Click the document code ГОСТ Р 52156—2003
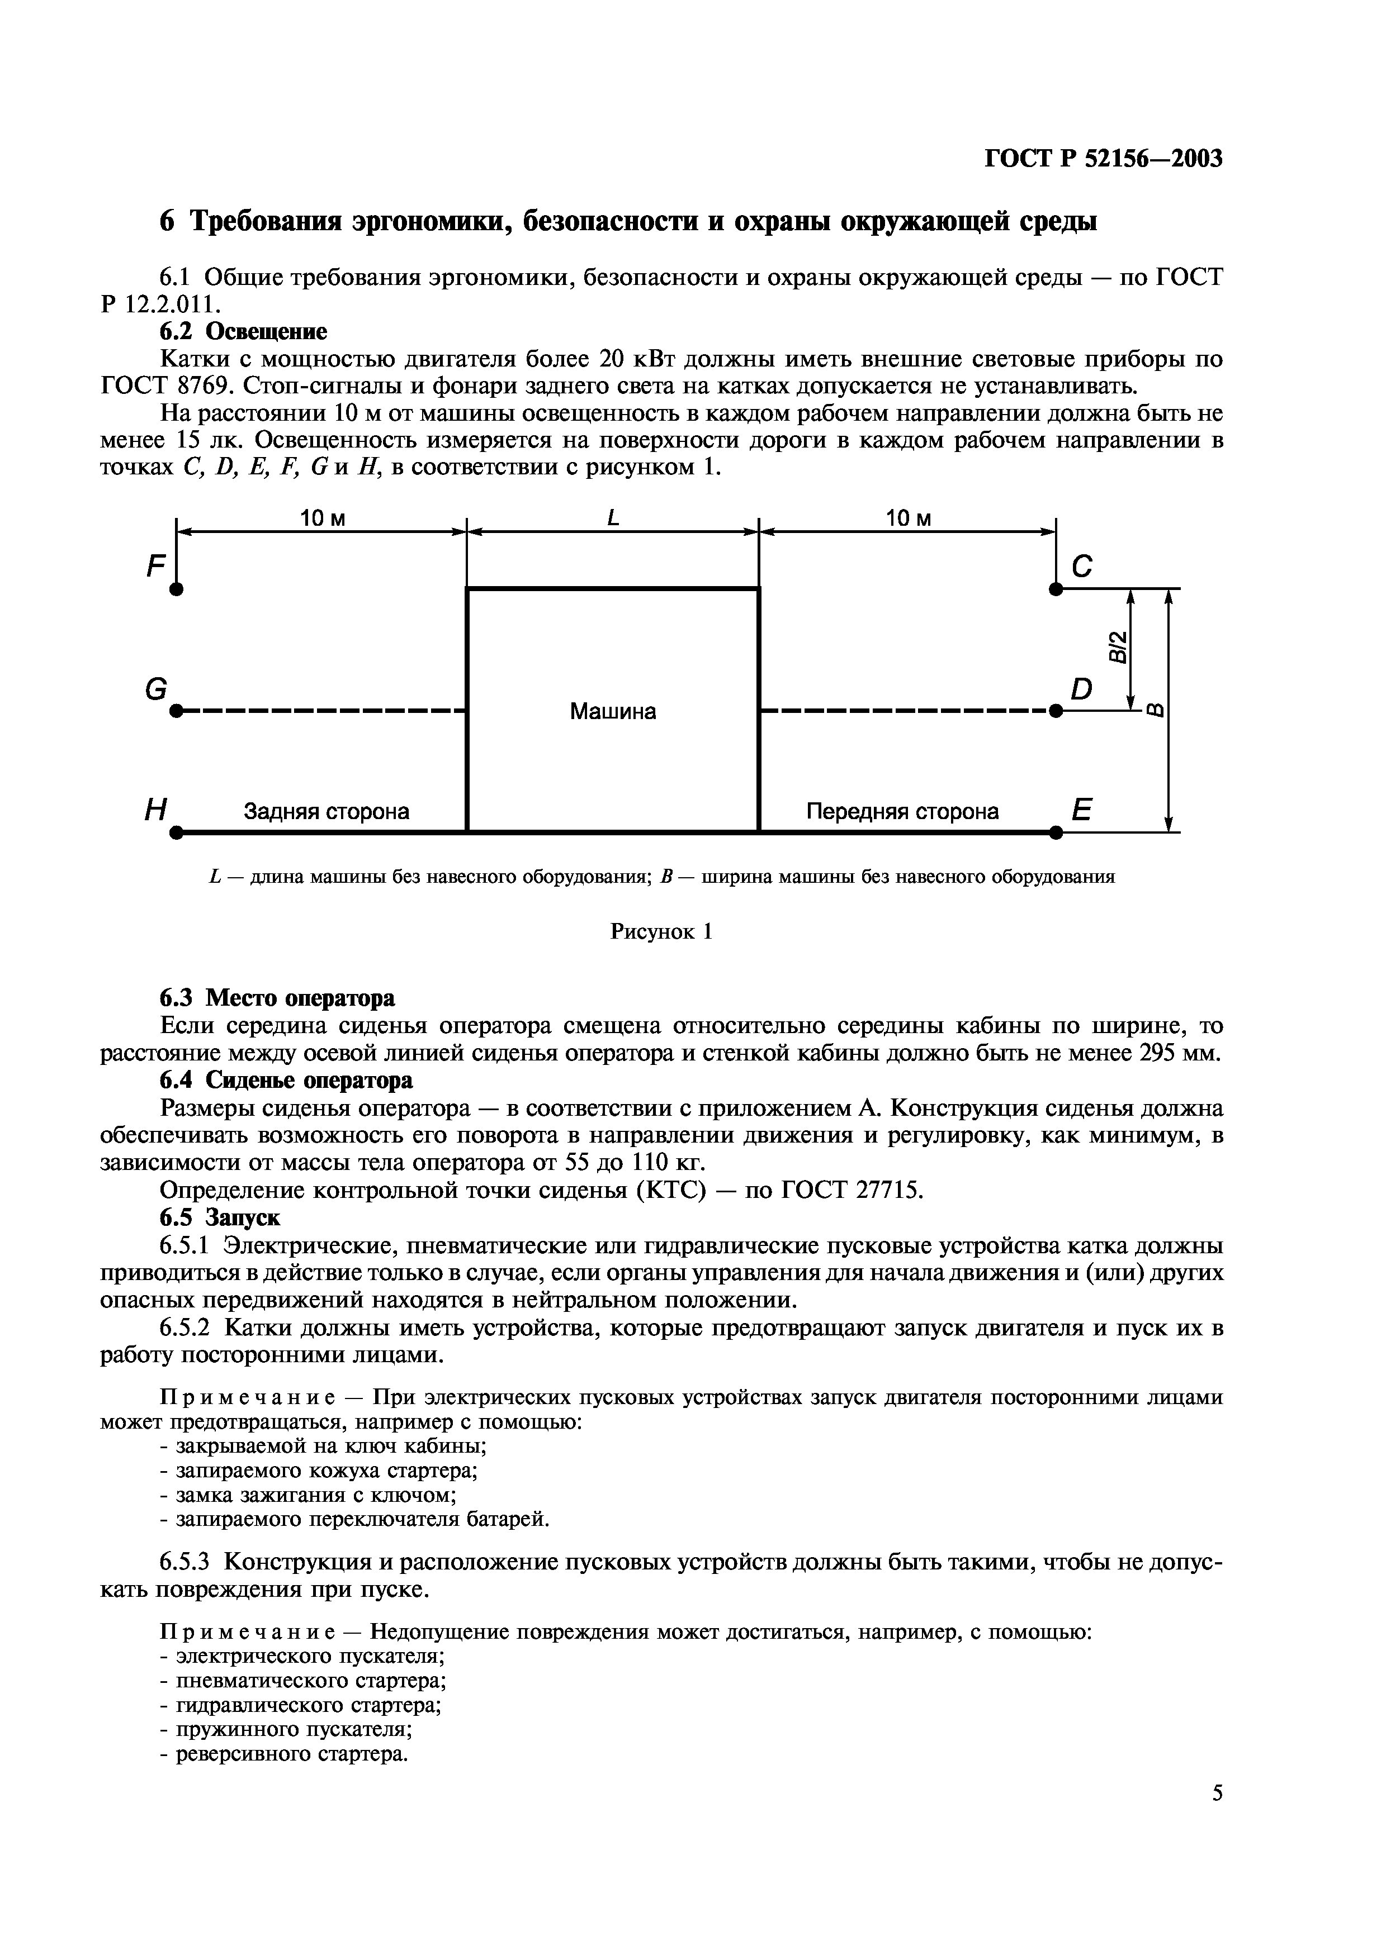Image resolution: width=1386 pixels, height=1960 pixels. (x=1103, y=159)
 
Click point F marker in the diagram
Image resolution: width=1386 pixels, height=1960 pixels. (x=176, y=589)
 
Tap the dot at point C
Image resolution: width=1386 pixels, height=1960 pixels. (x=1056, y=589)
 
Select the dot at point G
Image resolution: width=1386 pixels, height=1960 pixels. (x=176, y=710)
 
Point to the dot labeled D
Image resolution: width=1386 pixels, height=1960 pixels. (x=1056, y=710)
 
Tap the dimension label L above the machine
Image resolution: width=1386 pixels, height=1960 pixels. (x=612, y=517)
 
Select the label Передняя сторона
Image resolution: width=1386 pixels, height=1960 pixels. (x=902, y=811)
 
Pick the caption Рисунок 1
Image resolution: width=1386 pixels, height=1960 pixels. (x=661, y=931)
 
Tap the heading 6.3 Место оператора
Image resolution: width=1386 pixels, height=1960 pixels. (x=277, y=998)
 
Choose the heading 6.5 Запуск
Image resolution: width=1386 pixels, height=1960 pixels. (x=220, y=1216)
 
